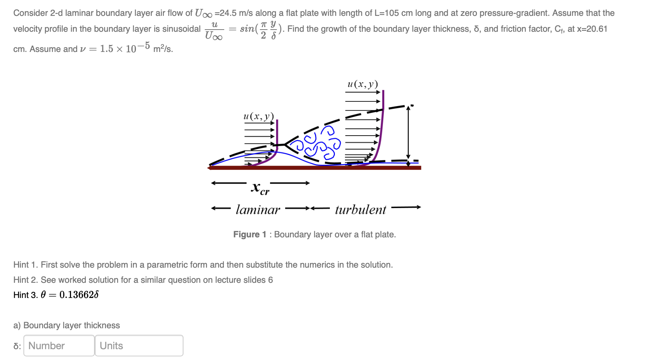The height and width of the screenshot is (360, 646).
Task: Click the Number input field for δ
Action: (59, 346)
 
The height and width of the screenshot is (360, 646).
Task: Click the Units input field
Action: (139, 346)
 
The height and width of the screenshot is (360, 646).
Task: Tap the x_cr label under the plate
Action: (260, 188)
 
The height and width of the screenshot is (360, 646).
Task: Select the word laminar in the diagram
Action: (258, 210)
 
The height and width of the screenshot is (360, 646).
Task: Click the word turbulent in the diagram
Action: (360, 210)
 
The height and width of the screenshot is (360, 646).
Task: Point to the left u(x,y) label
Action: (258, 116)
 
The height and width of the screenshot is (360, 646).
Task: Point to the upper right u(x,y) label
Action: (362, 84)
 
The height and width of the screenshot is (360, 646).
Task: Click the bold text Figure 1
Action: (249, 234)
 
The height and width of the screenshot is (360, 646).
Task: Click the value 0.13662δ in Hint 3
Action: (79, 295)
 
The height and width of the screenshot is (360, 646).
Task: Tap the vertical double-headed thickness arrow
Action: (408, 135)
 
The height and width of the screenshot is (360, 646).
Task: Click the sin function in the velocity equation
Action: (247, 29)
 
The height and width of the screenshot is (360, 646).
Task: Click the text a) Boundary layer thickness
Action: (67, 325)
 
